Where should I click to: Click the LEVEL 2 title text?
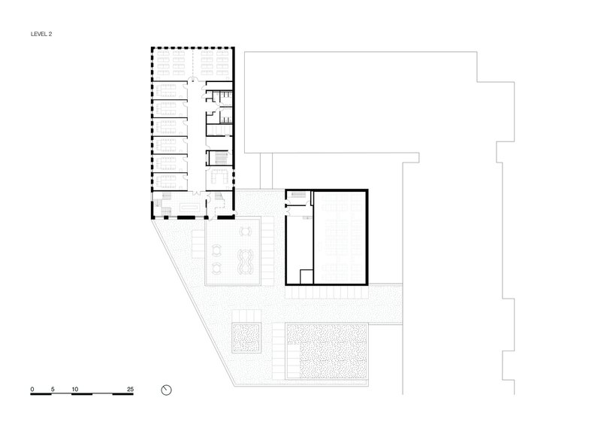(41, 34)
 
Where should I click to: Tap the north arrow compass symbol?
(166, 390)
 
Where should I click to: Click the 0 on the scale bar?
(32, 390)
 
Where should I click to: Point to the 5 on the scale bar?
(53, 390)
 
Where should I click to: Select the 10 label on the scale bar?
(74, 390)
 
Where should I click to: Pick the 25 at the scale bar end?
(130, 390)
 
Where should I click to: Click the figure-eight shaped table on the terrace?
(245, 262)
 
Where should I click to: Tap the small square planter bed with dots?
(246, 338)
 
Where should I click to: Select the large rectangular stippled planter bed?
(327, 351)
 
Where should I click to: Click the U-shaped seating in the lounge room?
(219, 177)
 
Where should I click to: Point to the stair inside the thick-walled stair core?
(220, 157)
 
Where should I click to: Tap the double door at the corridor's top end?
(196, 80)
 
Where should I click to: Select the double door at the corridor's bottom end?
(196, 192)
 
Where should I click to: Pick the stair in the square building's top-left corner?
(299, 195)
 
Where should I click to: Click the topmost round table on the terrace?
(246, 232)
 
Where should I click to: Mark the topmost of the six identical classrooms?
(170, 90)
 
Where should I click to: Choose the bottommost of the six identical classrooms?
(170, 181)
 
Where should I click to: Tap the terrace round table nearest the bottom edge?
(217, 268)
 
